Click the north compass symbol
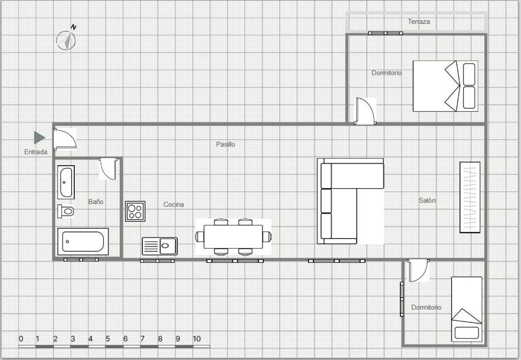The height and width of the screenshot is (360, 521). click(x=67, y=39)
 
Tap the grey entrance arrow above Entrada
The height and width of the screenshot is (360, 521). click(x=39, y=137)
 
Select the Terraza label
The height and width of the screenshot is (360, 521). click(x=419, y=21)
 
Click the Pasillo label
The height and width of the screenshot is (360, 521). click(x=225, y=144)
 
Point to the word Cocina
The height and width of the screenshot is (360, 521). click(x=173, y=204)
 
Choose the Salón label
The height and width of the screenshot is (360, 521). click(x=427, y=200)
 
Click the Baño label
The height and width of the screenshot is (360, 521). click(x=96, y=201)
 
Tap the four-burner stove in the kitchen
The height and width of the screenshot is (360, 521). click(x=135, y=211)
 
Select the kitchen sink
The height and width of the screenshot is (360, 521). click(x=159, y=246)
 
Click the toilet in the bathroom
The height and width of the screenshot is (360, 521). click(x=66, y=211)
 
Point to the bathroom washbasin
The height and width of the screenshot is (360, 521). click(x=66, y=182)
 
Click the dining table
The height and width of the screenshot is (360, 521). click(x=233, y=237)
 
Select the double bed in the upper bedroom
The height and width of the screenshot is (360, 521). click(x=445, y=86)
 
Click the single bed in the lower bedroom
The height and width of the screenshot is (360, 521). click(x=467, y=309)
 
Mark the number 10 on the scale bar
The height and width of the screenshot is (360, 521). click(x=197, y=339)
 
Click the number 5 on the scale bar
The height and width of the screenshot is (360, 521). click(x=108, y=339)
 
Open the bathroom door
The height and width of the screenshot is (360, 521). click(x=109, y=169)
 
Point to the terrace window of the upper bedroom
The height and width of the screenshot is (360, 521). click(x=386, y=33)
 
